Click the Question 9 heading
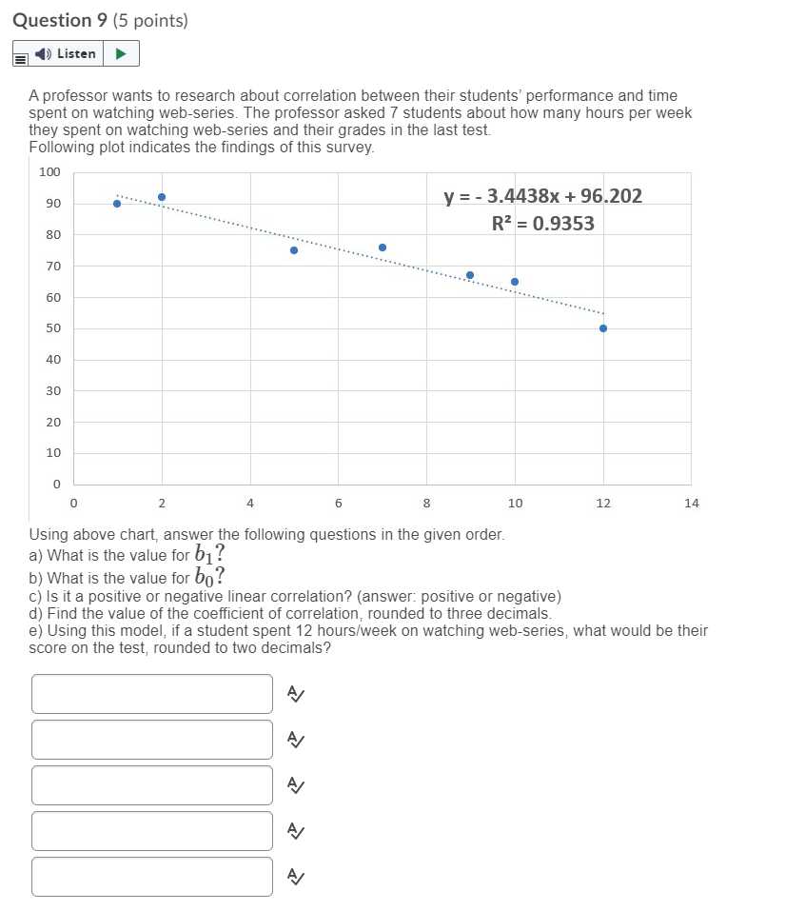tap(100, 20)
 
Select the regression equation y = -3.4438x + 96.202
tap(542, 196)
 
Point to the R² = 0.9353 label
tap(542, 224)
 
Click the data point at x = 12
tap(603, 328)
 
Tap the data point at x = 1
tap(117, 203)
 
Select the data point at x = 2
tap(162, 197)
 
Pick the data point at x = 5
tap(294, 250)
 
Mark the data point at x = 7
tap(383, 248)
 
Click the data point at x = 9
tap(470, 275)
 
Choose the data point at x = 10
tap(515, 282)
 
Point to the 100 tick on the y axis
tap(49, 172)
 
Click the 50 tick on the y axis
tap(53, 328)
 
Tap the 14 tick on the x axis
tap(691, 503)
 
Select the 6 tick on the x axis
tap(338, 503)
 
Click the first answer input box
tap(152, 694)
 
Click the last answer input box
tap(152, 877)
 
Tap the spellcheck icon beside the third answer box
tap(296, 785)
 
